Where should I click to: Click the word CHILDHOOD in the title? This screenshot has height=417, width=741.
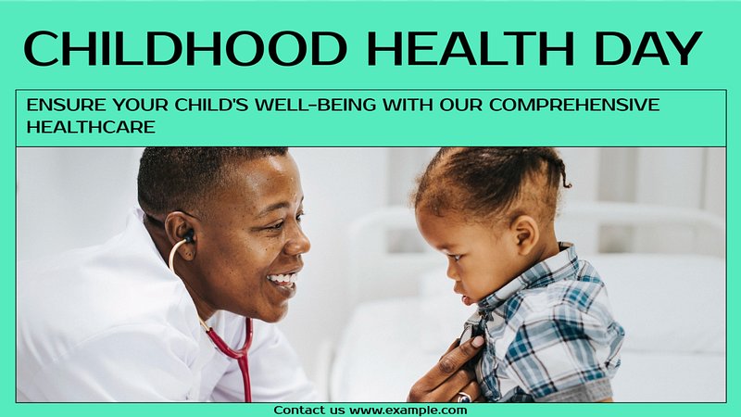[x=185, y=49]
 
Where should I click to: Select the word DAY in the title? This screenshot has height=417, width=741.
[x=647, y=49]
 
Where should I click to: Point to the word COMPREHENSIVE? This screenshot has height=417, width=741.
[x=574, y=105]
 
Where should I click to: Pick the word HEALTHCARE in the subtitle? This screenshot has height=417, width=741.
[x=91, y=127]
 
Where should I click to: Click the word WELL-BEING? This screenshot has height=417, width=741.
[x=315, y=105]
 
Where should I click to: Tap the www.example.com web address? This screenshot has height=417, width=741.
[x=408, y=411]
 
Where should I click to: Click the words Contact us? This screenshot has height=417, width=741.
[x=309, y=410]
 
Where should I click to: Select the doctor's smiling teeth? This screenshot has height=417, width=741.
[x=284, y=279]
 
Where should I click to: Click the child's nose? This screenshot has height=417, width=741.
[x=450, y=274]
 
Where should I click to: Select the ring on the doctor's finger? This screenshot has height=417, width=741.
[x=464, y=398]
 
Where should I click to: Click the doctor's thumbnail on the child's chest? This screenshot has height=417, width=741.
[x=478, y=341]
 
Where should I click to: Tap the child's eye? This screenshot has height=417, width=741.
[x=457, y=257]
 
